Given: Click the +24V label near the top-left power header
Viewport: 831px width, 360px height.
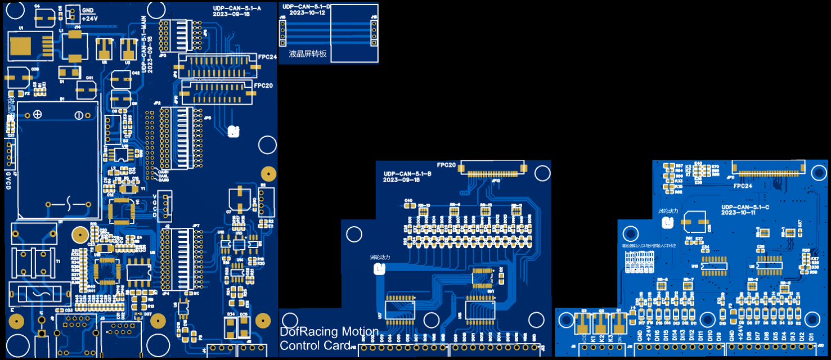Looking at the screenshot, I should tap(89, 18).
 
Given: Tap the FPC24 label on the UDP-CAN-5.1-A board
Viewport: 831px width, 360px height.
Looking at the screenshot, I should tap(267, 57).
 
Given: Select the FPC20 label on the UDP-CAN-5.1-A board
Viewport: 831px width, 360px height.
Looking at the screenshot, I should tap(263, 85).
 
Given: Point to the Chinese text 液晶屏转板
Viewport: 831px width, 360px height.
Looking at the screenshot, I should tap(308, 54).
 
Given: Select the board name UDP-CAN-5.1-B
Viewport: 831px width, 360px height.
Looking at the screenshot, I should tap(407, 174).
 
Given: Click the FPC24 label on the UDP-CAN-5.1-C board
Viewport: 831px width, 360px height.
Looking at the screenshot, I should tap(743, 185).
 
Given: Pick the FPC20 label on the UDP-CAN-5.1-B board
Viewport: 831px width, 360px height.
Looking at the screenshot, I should tap(446, 165).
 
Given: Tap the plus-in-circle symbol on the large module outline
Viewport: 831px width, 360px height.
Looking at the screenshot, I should tap(37, 114).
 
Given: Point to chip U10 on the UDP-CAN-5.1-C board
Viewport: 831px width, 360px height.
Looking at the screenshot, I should tap(714, 265).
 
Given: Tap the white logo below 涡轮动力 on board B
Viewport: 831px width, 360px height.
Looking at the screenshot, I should tap(379, 269).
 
